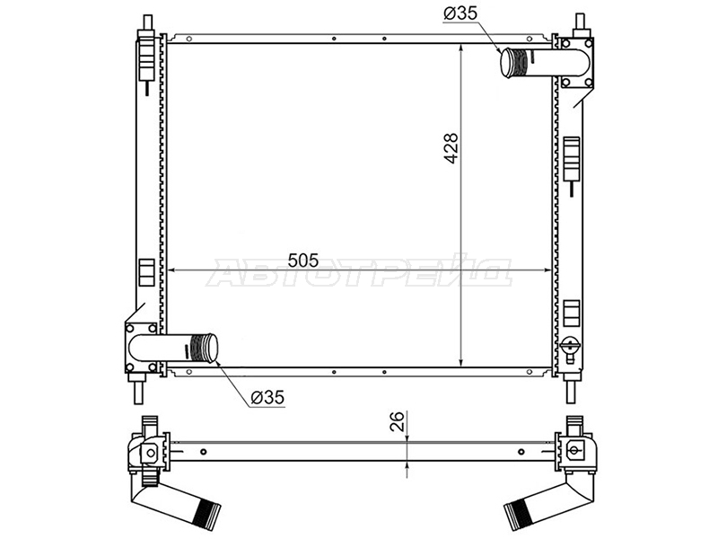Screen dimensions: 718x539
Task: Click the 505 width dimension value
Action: (x=303, y=261)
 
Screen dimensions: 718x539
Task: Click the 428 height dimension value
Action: (x=451, y=148)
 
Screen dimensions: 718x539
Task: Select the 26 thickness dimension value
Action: (x=398, y=421)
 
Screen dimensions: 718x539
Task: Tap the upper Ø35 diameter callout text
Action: (x=460, y=13)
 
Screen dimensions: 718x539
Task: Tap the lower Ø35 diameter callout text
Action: (x=267, y=397)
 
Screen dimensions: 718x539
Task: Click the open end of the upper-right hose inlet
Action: (x=507, y=63)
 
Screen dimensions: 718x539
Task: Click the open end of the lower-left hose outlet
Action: (x=211, y=348)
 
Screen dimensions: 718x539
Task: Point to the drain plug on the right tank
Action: (x=571, y=346)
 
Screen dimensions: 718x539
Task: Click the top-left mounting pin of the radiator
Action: (x=147, y=24)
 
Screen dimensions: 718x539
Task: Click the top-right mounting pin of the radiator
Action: (x=580, y=24)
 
